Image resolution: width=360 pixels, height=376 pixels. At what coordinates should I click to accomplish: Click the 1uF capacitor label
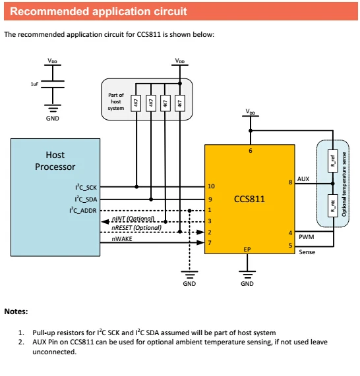click(x=34, y=84)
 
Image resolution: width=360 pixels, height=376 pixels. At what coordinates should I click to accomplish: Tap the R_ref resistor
click(x=332, y=161)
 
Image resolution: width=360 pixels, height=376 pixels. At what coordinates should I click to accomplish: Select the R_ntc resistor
click(x=332, y=205)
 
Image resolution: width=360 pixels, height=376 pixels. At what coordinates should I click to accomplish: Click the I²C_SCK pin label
click(x=86, y=187)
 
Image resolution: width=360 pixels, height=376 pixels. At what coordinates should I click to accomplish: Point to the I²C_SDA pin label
click(x=86, y=199)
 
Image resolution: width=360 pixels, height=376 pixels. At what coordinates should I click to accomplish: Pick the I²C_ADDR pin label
click(x=83, y=210)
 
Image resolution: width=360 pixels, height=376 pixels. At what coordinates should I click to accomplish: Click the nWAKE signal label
click(x=122, y=239)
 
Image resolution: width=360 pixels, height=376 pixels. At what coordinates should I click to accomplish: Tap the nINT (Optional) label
click(x=133, y=219)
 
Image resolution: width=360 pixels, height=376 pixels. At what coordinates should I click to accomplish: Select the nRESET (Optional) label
click(x=136, y=228)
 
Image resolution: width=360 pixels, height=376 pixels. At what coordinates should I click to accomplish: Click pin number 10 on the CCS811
click(x=211, y=186)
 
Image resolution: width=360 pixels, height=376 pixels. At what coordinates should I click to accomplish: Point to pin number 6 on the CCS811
click(x=251, y=151)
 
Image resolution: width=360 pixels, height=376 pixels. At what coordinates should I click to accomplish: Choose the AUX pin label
click(x=303, y=179)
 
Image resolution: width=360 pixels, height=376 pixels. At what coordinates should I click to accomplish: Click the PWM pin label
click(x=306, y=237)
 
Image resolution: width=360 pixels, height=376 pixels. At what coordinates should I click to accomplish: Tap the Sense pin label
click(x=307, y=252)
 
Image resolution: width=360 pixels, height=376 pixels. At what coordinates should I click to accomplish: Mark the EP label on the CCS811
click(x=247, y=250)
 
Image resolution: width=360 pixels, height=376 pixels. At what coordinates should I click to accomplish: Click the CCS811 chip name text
click(x=249, y=199)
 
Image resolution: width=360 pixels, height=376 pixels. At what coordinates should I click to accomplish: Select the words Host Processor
click(x=55, y=161)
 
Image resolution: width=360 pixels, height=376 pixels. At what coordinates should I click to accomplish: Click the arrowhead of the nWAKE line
click(x=200, y=243)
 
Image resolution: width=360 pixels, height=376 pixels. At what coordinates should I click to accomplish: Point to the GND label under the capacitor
click(x=52, y=119)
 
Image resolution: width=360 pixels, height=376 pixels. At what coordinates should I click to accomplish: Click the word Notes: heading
click(x=16, y=311)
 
